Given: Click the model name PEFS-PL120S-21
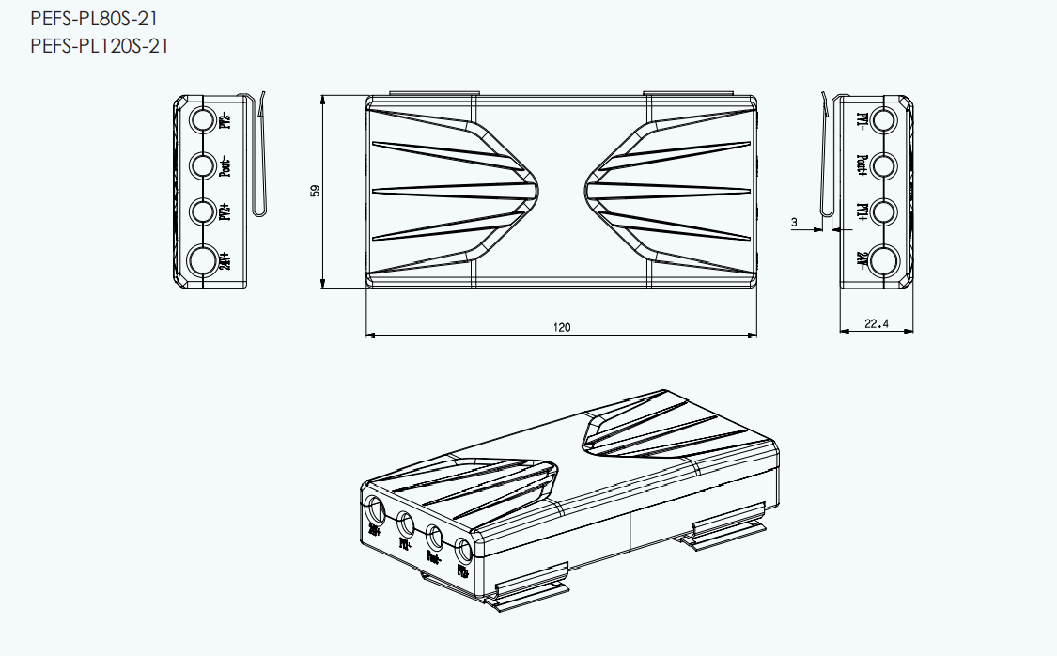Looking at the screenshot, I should point(100,45).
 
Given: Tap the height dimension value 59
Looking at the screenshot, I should point(316,191).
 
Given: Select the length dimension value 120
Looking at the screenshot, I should point(562,328).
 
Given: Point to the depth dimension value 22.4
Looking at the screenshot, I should point(876,325).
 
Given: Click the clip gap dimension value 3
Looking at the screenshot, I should point(794,223).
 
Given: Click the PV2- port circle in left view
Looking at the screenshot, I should point(203,121).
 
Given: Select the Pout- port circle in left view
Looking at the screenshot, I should point(203,166).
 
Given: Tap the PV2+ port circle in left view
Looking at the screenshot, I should point(203,211).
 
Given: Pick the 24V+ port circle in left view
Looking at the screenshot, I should point(203,260).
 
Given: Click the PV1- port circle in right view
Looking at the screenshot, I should point(884,120).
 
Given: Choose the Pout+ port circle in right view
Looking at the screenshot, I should point(884,166).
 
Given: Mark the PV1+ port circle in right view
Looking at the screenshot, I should point(884,211).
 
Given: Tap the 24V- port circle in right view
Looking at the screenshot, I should point(884,260).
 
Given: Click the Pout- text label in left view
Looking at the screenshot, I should point(225,166).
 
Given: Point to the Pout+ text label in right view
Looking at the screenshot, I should point(862,166).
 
